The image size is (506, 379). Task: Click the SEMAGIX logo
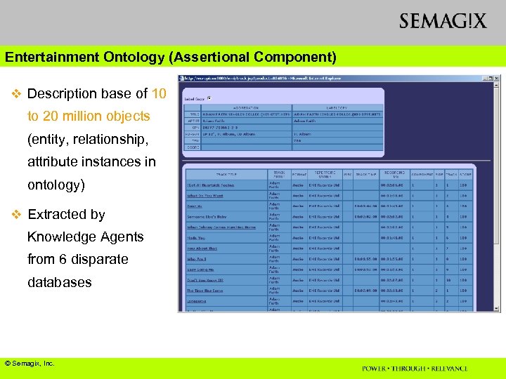(443, 21)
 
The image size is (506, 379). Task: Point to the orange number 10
(159, 93)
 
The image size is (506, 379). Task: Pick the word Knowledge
(65, 237)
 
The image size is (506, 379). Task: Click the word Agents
(124, 237)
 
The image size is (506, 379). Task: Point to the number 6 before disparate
(63, 259)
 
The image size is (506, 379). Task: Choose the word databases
(60, 282)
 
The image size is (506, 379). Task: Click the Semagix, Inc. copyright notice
(30, 363)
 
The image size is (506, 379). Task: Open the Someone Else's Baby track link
(207, 216)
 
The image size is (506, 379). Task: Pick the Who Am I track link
(197, 258)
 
